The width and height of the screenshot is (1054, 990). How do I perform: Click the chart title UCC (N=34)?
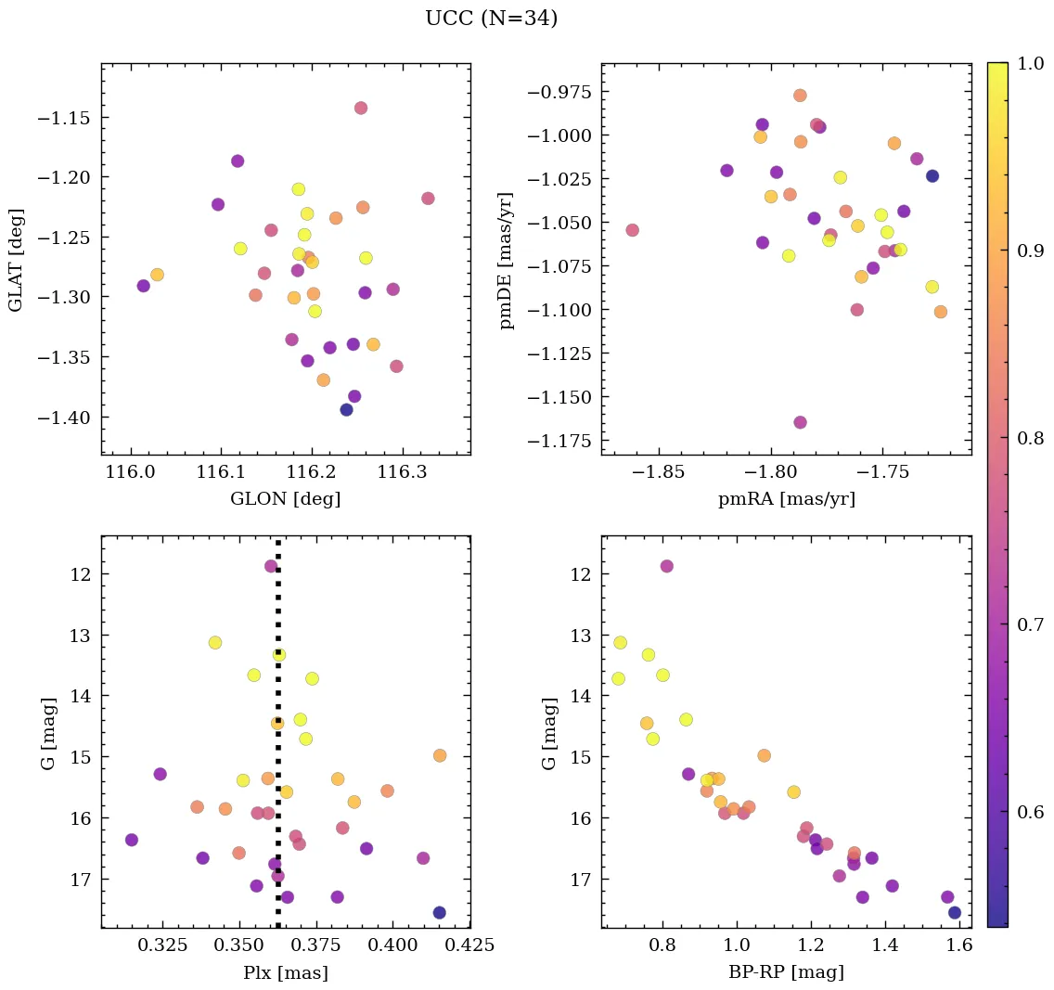pos(491,19)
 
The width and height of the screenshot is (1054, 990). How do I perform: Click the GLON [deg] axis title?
pos(285,499)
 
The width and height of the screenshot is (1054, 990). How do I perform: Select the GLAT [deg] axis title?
pos(16,259)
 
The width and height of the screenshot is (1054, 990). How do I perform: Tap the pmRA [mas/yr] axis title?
pos(786,499)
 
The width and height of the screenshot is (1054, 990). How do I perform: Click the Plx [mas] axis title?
pos(285,973)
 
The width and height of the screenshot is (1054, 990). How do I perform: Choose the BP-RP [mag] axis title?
pos(786,973)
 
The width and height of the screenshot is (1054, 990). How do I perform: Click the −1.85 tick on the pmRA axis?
pos(664,471)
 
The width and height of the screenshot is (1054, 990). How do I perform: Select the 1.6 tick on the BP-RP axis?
pos(959,945)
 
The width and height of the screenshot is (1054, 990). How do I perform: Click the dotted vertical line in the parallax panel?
pos(277,742)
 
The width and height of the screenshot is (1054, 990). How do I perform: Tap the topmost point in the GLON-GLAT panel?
pos(360,108)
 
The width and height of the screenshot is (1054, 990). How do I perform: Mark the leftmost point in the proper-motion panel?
pos(632,230)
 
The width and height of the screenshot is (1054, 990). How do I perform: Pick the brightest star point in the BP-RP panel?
pos(666,566)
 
